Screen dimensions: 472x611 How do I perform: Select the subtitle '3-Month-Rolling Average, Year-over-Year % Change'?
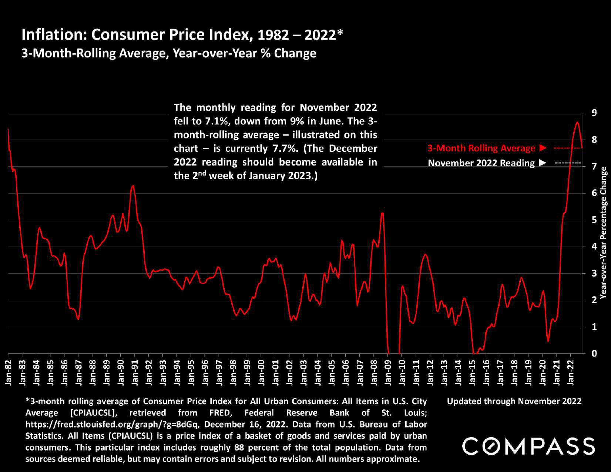pos(169,53)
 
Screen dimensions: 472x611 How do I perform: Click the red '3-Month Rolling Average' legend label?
pos(481,148)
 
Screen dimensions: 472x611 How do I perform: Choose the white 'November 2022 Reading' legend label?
pos(481,163)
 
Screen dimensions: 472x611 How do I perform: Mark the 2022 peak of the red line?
pos(577,122)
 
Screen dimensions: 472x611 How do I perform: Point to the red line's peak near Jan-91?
pos(133,186)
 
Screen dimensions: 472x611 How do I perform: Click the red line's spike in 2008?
pos(382,213)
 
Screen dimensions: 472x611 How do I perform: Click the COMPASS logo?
pos(528,446)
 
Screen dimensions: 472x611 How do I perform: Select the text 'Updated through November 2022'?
pos(514,401)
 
